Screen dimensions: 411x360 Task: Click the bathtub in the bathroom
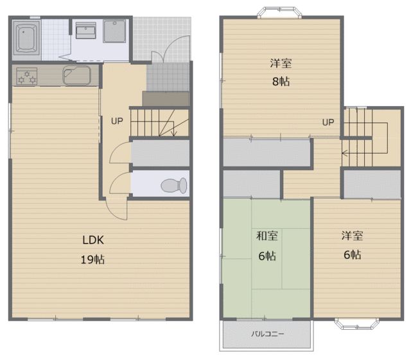point(26,38)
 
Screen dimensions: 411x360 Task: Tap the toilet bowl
point(174,185)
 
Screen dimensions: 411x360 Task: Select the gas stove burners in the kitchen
point(26,76)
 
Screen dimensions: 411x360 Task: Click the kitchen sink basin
point(76,75)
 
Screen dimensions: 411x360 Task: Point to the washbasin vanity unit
point(85,30)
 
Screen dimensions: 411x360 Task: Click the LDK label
point(93,240)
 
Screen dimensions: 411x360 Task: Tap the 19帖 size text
point(92,260)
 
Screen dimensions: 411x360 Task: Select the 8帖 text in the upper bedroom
point(281,82)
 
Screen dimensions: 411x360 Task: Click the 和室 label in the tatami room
point(267,236)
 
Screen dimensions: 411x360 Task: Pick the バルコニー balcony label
point(268,334)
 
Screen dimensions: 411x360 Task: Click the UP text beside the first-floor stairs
point(117,121)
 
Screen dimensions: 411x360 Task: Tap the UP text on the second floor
point(328,122)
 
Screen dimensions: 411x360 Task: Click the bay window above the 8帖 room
point(279,13)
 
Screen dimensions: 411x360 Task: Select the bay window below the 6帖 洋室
point(357,324)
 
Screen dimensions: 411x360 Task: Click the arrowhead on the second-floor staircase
point(345,153)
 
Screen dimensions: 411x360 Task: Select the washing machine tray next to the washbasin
point(114,32)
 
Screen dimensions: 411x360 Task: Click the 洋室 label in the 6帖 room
point(353,236)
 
